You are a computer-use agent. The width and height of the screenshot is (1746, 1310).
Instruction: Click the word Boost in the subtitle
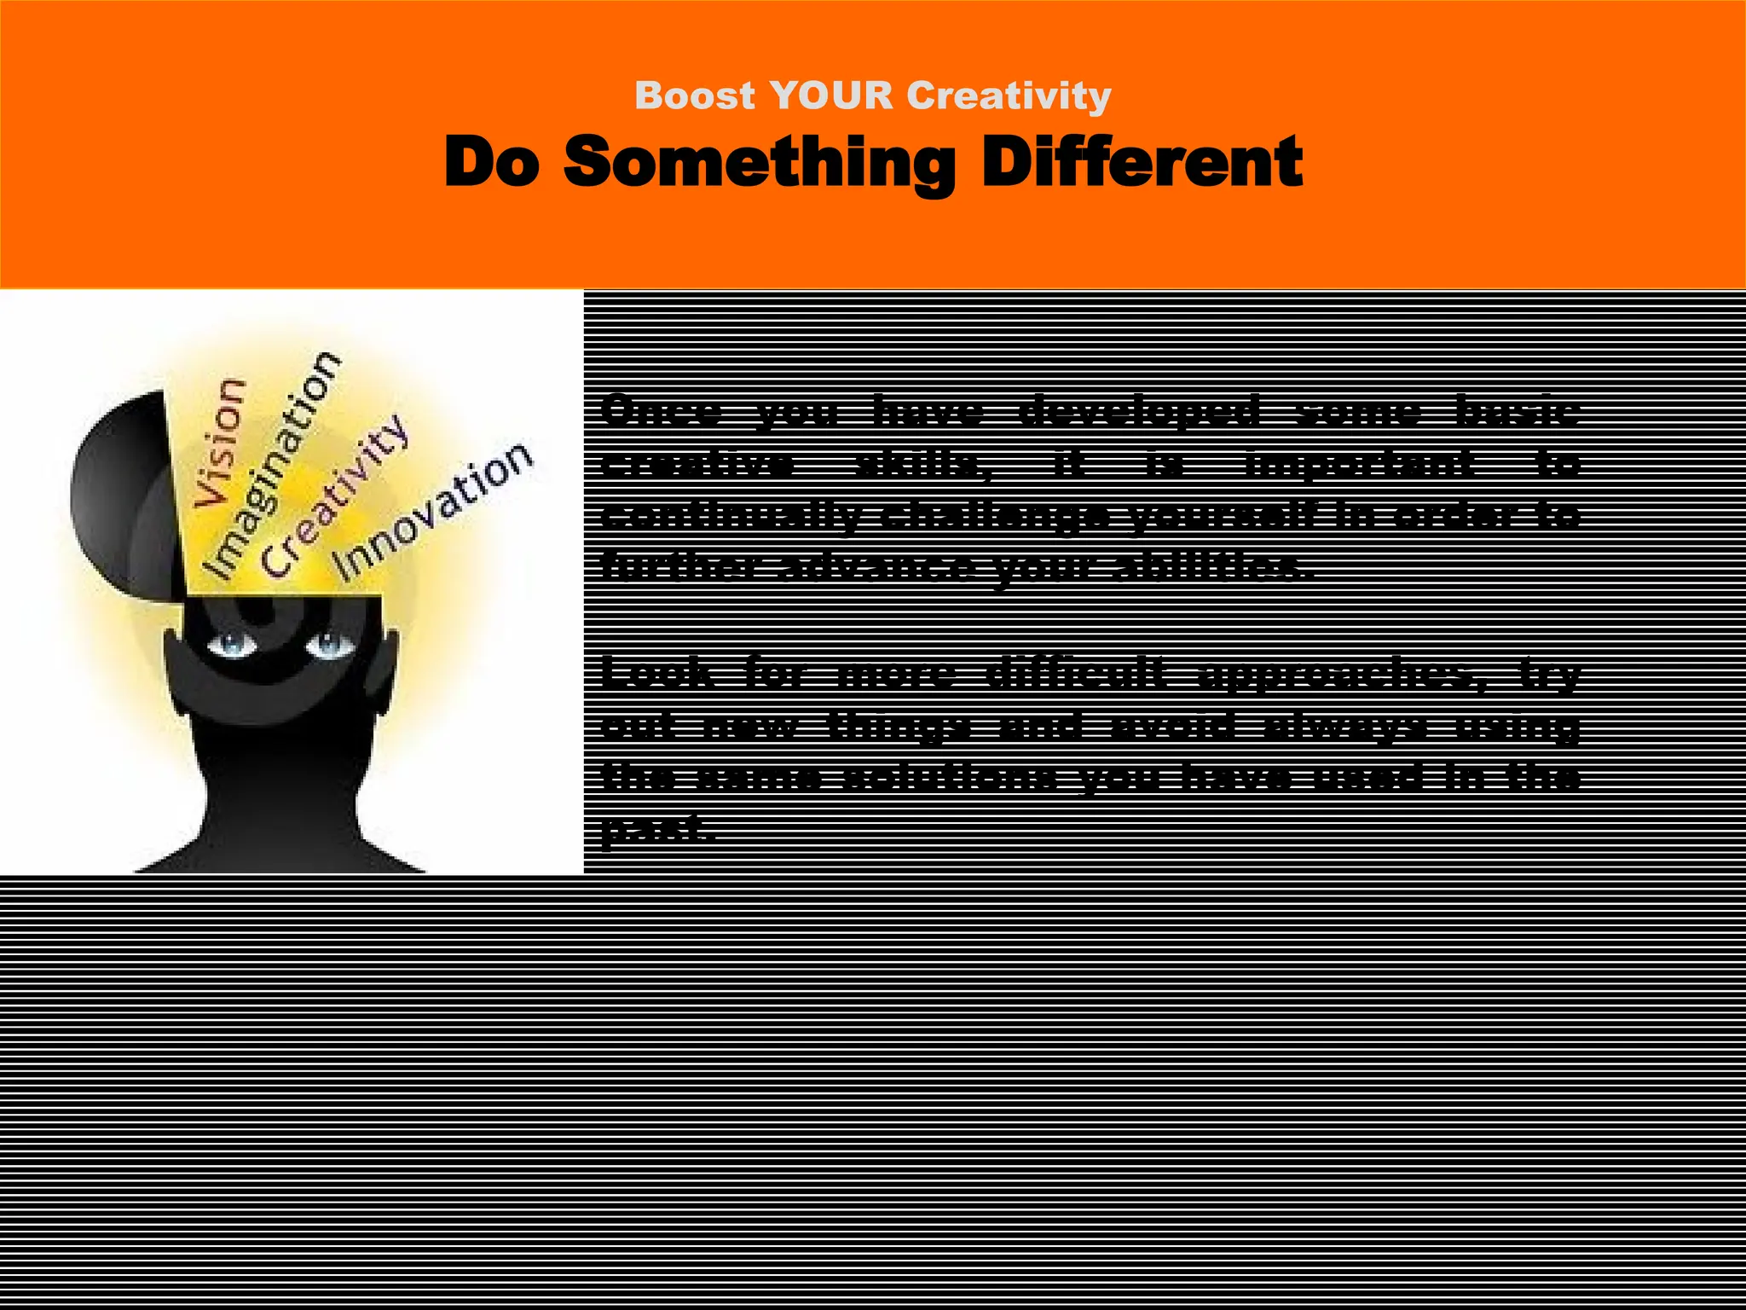[x=695, y=96]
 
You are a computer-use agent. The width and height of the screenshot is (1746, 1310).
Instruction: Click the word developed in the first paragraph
[x=1140, y=413]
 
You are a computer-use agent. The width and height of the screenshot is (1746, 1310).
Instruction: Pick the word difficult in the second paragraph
[x=1073, y=675]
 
